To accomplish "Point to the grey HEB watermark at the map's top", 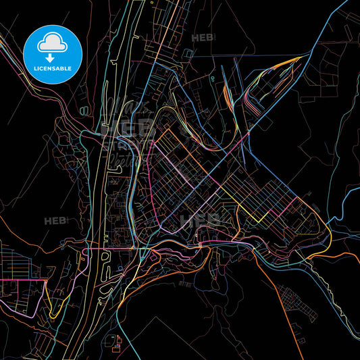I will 203,38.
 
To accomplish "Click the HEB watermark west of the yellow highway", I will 55,220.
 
